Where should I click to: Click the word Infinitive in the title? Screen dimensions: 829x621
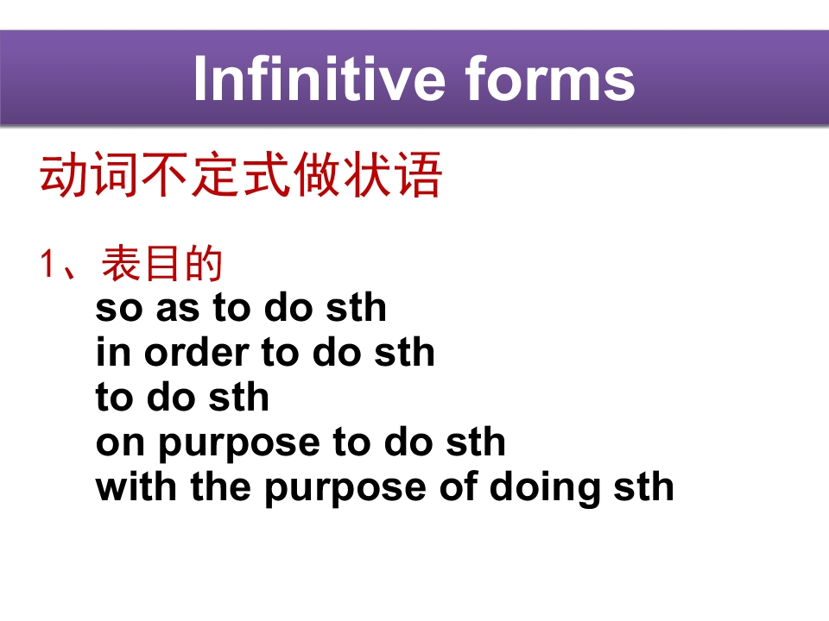pos(320,78)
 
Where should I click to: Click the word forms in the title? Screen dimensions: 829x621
pos(550,78)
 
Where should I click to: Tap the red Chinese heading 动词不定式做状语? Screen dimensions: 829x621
pos(241,175)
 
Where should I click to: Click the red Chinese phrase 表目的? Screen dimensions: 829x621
pos(161,263)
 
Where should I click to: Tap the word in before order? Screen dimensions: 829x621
pos(113,352)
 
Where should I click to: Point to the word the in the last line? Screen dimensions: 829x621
pos(220,486)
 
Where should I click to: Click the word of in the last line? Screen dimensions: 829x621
pos(458,486)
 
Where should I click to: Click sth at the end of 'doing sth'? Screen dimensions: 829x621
pos(643,486)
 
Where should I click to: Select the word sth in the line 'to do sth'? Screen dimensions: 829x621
pos(239,397)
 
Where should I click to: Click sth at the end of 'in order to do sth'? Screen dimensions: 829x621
pos(404,352)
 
